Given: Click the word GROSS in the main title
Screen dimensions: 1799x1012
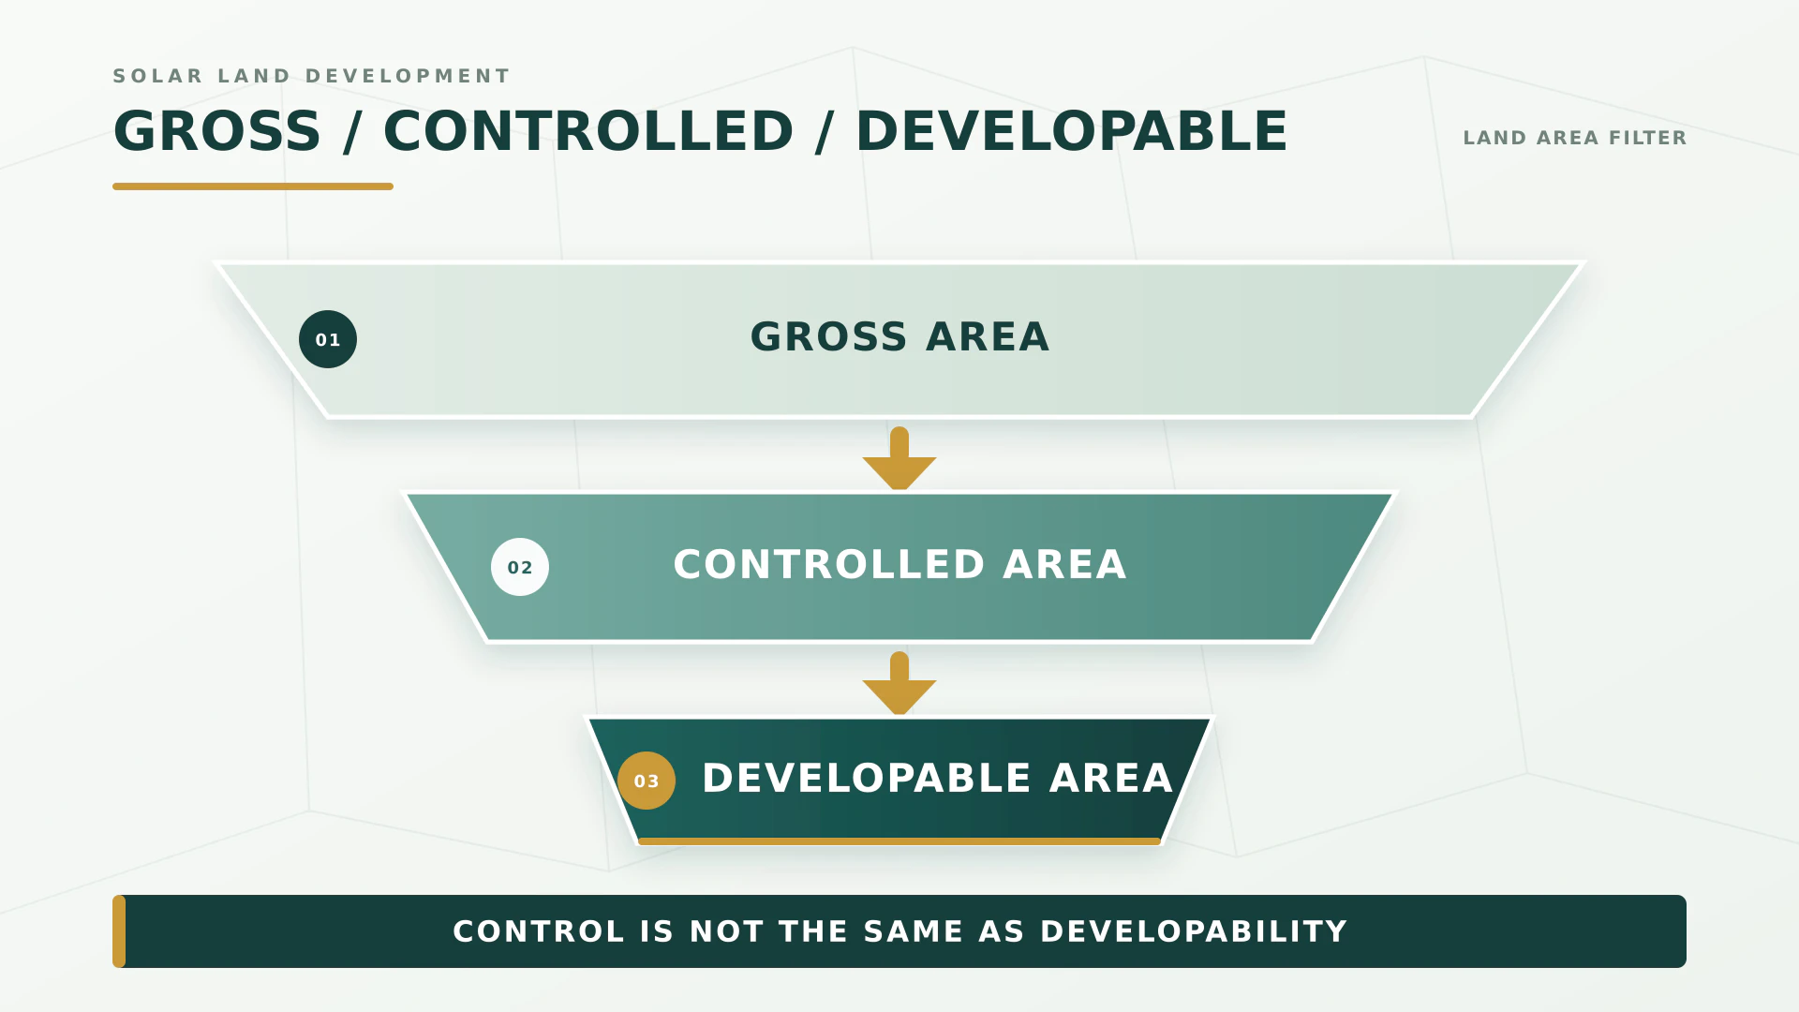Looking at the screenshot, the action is pos(217,131).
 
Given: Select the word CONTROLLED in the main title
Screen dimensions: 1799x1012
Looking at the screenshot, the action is pos(588,131).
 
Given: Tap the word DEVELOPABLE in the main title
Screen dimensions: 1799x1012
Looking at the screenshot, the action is pos(1072,131).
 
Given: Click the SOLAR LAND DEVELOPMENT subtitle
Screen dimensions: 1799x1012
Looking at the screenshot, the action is pos(311,76).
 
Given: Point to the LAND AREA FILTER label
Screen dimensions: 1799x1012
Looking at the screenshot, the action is pos(1574,138).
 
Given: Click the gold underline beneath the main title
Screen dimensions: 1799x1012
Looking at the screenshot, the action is pos(253,186).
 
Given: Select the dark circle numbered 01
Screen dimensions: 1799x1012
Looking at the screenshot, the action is pos(328,339).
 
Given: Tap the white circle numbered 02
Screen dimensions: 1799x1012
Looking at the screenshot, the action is pos(520,567).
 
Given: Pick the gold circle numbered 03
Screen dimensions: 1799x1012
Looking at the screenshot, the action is pos(647,781).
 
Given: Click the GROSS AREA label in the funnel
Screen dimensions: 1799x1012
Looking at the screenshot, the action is pos(899,337).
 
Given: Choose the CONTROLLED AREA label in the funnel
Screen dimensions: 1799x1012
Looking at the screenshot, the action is pos(899,565).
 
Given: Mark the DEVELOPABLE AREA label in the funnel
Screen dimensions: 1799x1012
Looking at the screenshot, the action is pos(937,779).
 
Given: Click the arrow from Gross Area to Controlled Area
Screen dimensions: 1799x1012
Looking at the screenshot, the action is pos(899,458).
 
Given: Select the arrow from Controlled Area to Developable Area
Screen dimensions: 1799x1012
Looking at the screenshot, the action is pos(899,683).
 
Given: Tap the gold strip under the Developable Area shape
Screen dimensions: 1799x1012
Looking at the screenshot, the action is pos(899,841).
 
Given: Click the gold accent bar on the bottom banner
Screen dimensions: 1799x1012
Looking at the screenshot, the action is pos(119,931).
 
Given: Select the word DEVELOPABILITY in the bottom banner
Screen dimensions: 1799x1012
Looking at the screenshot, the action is pos(1194,931).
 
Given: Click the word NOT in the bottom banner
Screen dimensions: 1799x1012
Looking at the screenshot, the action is pos(727,931).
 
